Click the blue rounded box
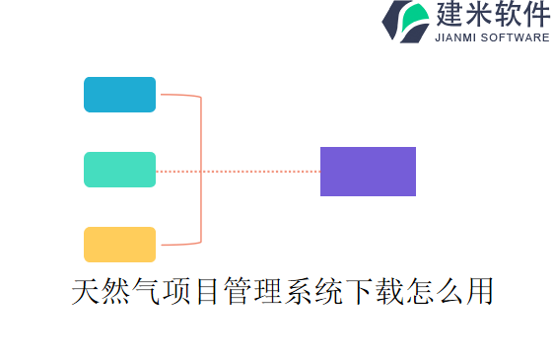(119, 95)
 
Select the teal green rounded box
(119, 170)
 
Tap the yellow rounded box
(119, 245)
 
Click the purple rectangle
(368, 172)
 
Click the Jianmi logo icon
(404, 22)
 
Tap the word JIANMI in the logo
(457, 38)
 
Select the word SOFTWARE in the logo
(516, 38)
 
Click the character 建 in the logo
(449, 15)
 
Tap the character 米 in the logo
(483, 15)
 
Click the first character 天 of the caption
(86, 292)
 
